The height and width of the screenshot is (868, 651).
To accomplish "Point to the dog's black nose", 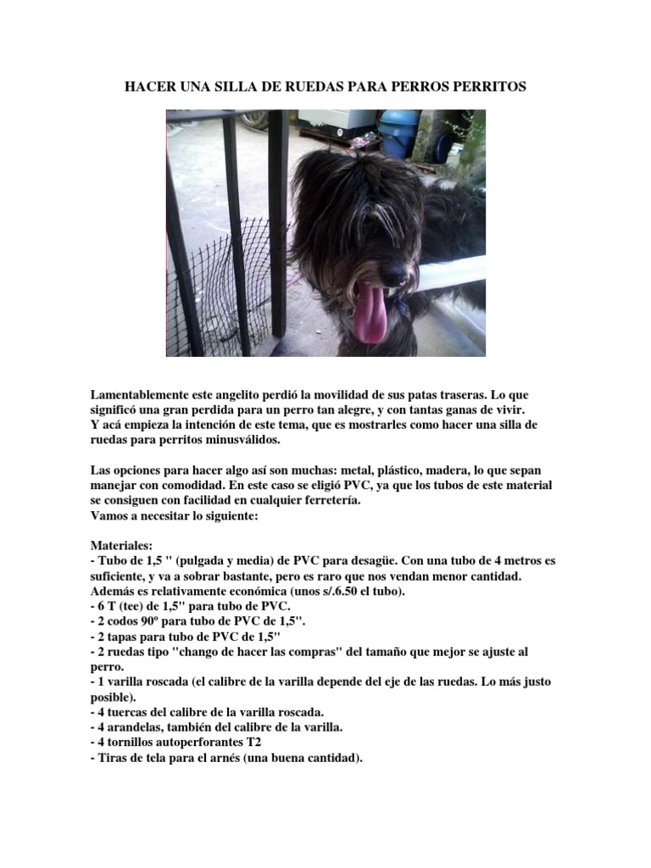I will (x=392, y=273).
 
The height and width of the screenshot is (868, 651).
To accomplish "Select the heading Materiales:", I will (x=121, y=546).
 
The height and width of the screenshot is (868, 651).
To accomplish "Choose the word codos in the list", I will (x=125, y=620).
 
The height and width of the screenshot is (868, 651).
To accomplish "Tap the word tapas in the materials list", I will (x=125, y=636).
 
